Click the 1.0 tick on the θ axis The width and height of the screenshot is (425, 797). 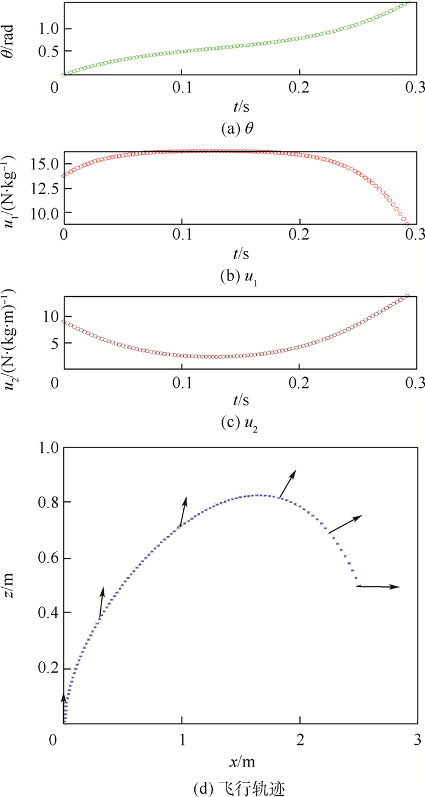(51, 28)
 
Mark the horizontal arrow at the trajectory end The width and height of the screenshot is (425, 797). (378, 586)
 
